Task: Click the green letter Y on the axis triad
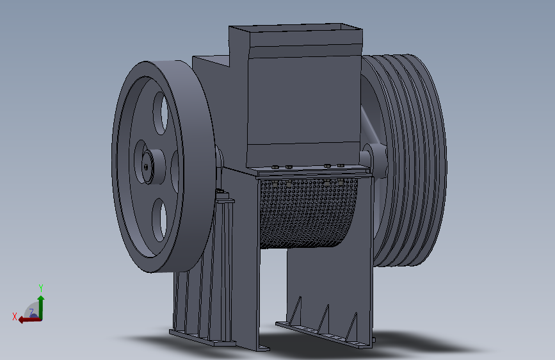(x=40, y=288)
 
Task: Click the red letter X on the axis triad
(x=15, y=316)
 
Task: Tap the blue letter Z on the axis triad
(x=31, y=312)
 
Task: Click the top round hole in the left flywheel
(x=160, y=110)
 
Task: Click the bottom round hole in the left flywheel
(x=158, y=220)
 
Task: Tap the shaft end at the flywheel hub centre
(x=147, y=167)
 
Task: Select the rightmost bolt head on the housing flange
(x=341, y=166)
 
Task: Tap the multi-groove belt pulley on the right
(x=410, y=160)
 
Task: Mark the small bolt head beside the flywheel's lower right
(x=221, y=193)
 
